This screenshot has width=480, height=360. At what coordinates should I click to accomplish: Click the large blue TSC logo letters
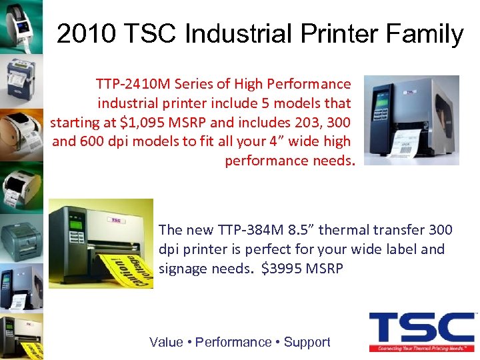[421, 328]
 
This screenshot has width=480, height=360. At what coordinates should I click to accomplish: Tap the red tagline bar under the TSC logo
[421, 348]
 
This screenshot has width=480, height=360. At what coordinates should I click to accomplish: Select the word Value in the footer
[166, 342]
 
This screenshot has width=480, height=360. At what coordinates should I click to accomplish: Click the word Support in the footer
[307, 342]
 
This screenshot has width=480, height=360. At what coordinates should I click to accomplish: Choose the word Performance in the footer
[233, 342]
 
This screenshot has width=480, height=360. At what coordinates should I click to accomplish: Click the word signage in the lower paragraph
[184, 269]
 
